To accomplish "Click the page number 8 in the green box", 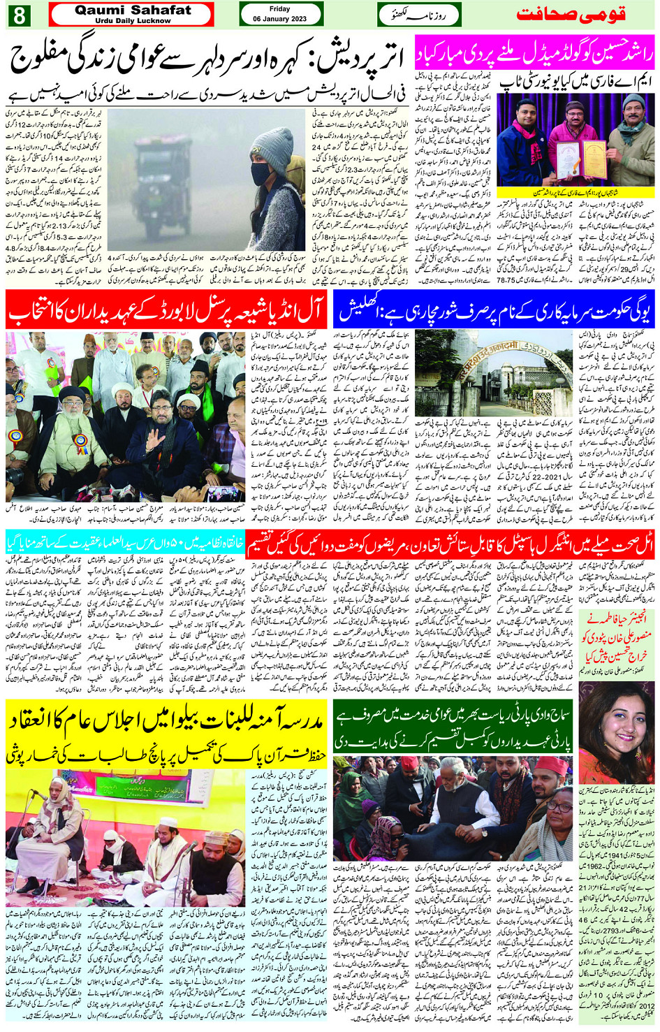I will (x=17, y=15).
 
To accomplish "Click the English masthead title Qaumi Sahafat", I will (x=132, y=10).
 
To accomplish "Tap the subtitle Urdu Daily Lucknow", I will (x=132, y=21).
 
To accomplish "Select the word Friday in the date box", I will (x=279, y=9).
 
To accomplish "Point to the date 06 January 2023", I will (x=279, y=19).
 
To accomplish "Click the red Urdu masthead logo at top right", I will (x=571, y=14).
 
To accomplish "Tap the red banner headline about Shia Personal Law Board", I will (x=166, y=312).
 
